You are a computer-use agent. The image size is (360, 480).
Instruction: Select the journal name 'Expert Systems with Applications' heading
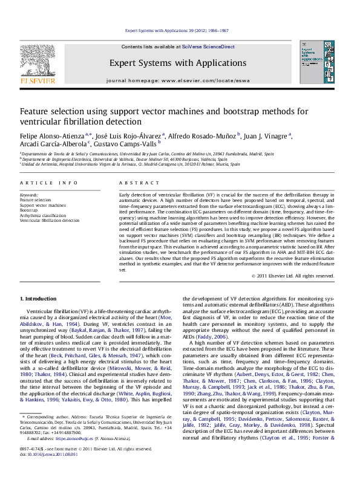pyautogui.click(x=177, y=63)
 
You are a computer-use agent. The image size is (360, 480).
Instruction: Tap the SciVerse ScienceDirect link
pyautogui.click(x=212, y=47)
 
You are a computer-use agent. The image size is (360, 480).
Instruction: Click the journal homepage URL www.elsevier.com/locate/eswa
pyautogui.click(x=205, y=80)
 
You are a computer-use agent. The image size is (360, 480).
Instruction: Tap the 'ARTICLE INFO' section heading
pyautogui.click(x=49, y=183)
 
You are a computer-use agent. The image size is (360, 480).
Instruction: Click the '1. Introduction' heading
pyautogui.click(x=40, y=299)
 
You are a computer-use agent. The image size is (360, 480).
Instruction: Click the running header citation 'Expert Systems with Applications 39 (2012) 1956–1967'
pyautogui.click(x=177, y=30)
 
